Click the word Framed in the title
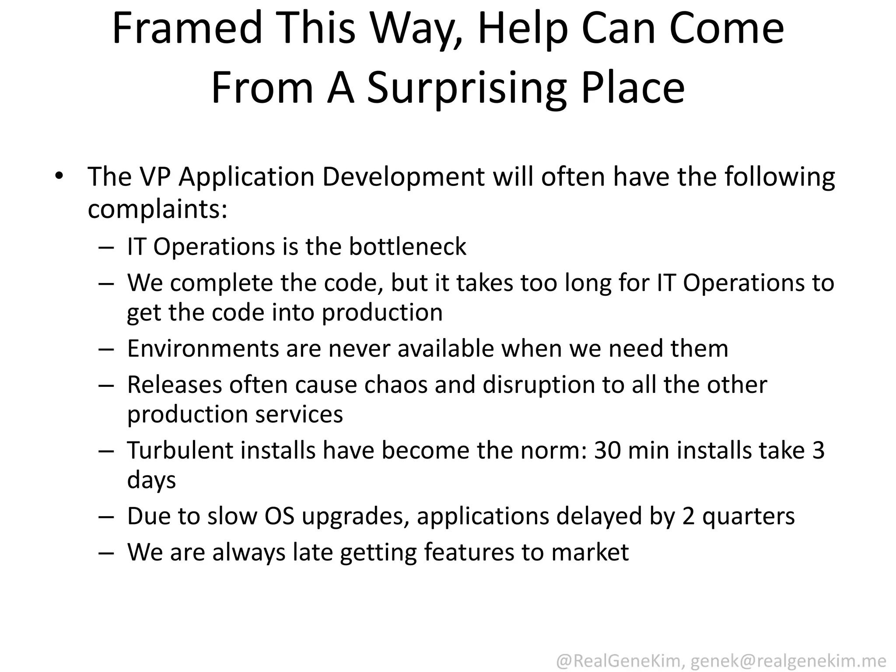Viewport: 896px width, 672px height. (187, 28)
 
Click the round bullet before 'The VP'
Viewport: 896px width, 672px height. (59, 176)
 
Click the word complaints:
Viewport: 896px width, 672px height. (157, 209)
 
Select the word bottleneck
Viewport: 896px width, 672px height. (407, 246)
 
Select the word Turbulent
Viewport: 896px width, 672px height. (180, 451)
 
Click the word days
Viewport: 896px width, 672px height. (151, 480)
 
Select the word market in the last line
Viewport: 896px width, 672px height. (590, 552)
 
